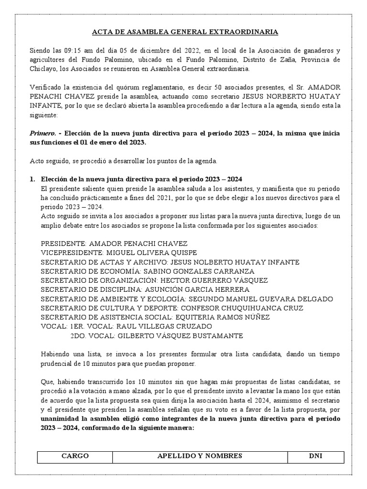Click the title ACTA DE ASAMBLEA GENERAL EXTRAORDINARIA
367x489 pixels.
(x=184, y=32)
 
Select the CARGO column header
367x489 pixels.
(x=75, y=456)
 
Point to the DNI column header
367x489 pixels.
(x=315, y=456)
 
